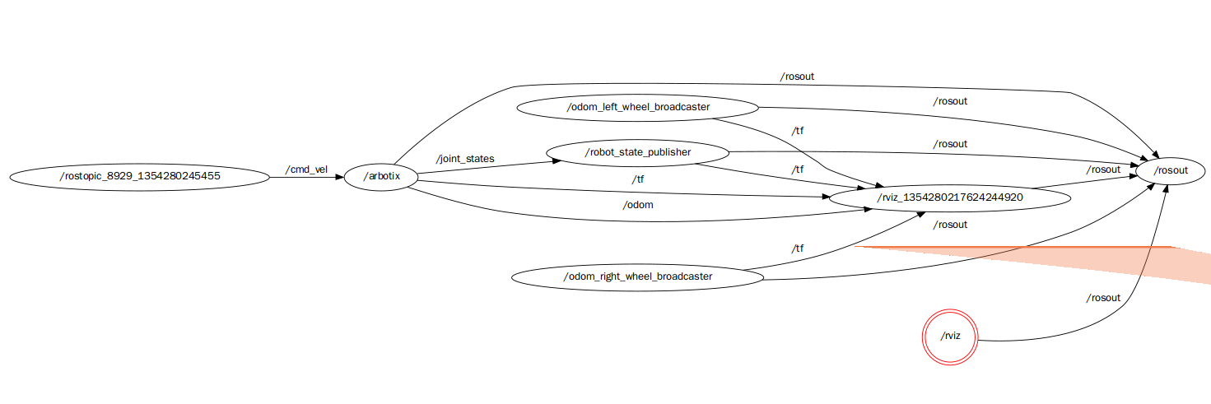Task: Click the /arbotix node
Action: (x=380, y=177)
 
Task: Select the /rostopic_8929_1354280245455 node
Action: (x=140, y=176)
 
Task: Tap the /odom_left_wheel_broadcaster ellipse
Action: (x=637, y=107)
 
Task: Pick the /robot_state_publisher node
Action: (x=638, y=152)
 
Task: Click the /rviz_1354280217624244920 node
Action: (x=950, y=197)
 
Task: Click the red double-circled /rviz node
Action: (x=949, y=336)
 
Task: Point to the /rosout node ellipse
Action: (x=1171, y=170)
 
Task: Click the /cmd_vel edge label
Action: (x=306, y=169)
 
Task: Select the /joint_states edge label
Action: (x=465, y=158)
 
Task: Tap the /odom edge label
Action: (x=638, y=205)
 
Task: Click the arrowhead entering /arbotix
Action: (x=338, y=177)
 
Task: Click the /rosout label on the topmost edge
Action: (x=797, y=77)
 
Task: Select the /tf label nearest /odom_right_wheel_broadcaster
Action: (x=797, y=248)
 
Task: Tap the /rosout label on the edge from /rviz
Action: (x=1103, y=298)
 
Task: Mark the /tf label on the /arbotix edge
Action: (x=638, y=179)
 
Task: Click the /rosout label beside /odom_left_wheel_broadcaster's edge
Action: (x=950, y=101)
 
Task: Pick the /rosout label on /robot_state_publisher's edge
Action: (x=950, y=144)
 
